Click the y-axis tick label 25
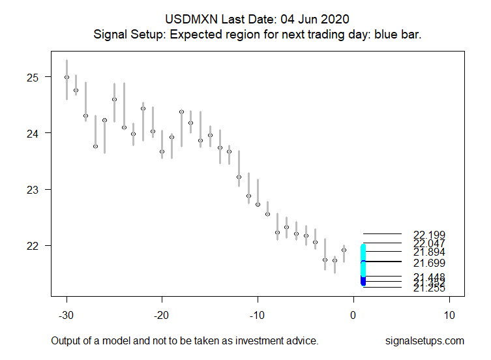click(x=33, y=77)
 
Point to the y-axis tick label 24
click(x=33, y=133)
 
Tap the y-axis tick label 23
click(x=33, y=189)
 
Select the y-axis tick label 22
click(x=33, y=246)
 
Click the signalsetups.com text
click(x=424, y=341)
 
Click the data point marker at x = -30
click(x=67, y=77)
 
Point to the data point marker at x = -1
click(x=344, y=250)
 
